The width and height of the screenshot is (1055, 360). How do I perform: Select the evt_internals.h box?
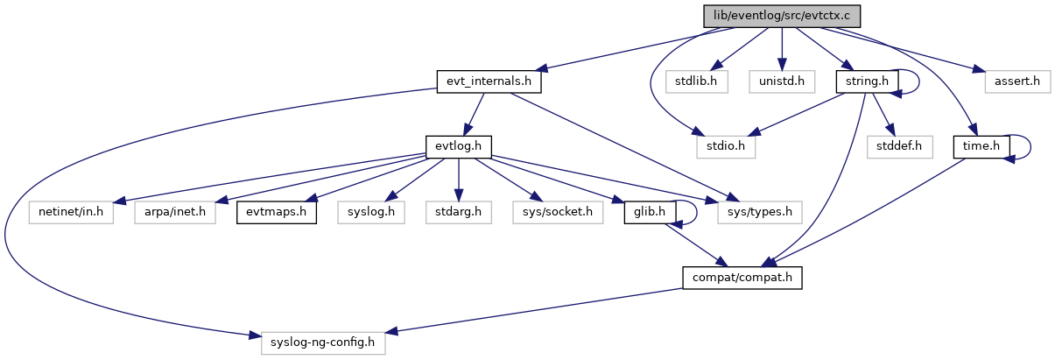489,81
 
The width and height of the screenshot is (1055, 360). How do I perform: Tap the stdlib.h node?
697,81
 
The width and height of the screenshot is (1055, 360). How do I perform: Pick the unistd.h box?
782,81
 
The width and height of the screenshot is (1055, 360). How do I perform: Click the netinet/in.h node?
72,212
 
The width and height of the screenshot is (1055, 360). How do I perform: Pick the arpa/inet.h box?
175,212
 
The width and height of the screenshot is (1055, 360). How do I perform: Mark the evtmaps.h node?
276,212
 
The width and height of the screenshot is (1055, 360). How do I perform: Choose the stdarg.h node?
458,212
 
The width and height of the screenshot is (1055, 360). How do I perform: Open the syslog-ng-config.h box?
323,342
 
